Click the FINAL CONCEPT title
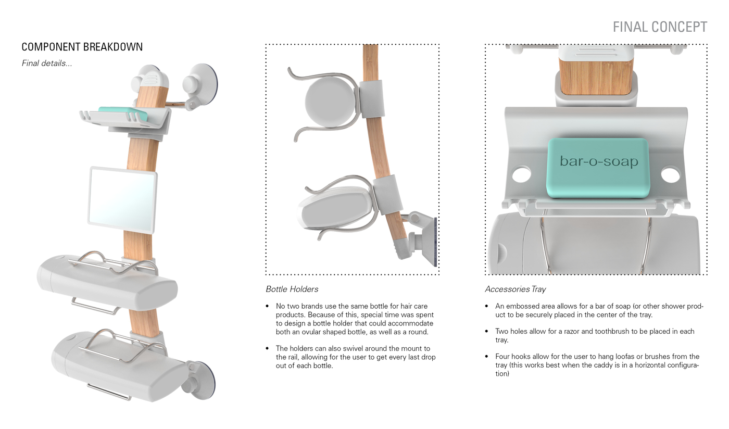coord(660,27)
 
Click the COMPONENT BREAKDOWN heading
coord(82,47)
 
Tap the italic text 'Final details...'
coord(47,64)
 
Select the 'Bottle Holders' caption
coord(292,289)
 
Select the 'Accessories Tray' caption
coord(515,289)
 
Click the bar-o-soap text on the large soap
coord(599,161)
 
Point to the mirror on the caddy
coord(122,199)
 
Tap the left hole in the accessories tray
coord(521,174)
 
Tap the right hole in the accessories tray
coord(670,174)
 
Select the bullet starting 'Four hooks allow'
coord(597,365)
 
